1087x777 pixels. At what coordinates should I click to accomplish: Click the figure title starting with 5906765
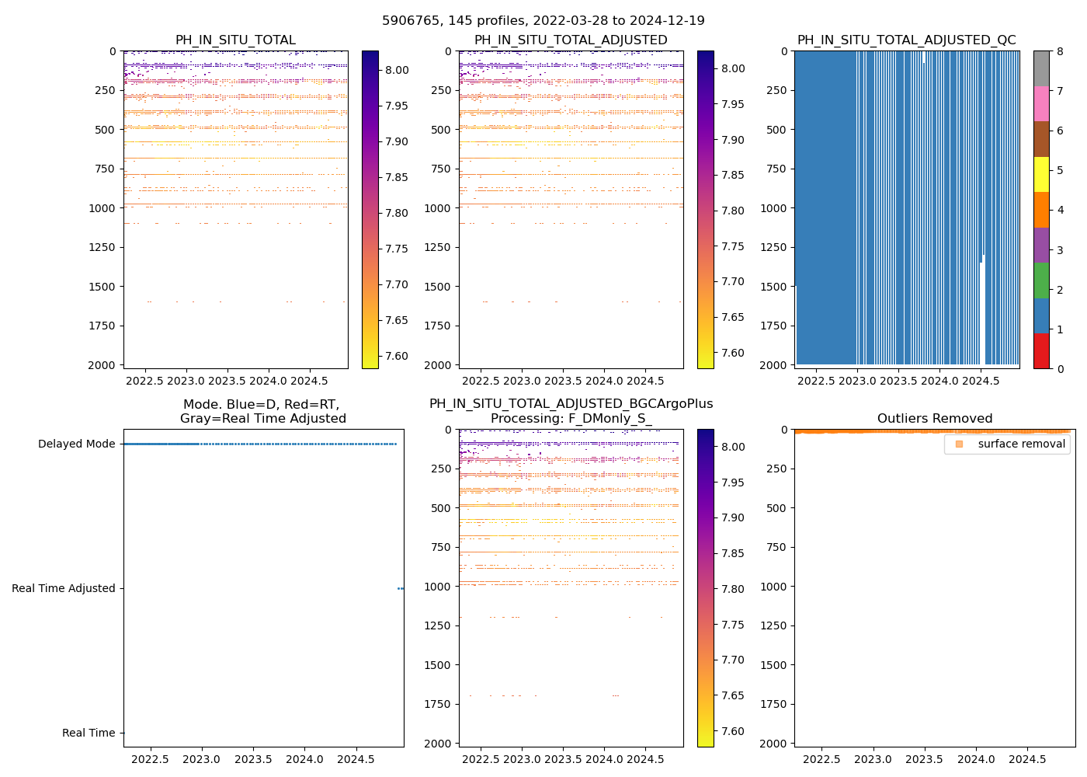click(x=543, y=21)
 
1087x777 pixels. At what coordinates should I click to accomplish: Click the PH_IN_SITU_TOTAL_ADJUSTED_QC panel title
click(x=906, y=40)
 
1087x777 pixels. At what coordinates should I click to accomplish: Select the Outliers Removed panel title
click(x=934, y=419)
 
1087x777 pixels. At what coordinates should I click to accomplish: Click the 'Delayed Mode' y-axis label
click(x=76, y=444)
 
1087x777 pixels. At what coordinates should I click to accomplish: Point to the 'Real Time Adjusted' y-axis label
click(x=64, y=589)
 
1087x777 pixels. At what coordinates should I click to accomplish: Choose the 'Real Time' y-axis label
click(x=89, y=733)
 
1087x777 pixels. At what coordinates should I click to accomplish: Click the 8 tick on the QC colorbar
click(x=1058, y=52)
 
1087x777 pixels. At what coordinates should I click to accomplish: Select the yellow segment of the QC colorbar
click(x=1041, y=175)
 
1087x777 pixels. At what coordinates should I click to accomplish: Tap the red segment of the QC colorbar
click(x=1041, y=351)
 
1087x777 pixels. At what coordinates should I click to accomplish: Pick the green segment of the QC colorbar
click(x=1041, y=280)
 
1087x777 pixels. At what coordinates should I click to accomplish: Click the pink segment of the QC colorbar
click(x=1041, y=103)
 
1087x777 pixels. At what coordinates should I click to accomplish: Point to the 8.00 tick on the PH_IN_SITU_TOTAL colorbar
click(x=397, y=70)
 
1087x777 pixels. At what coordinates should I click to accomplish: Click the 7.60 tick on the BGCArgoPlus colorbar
click(x=733, y=731)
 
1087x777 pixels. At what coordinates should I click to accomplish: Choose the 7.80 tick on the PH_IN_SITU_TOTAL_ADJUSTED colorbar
click(x=733, y=211)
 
